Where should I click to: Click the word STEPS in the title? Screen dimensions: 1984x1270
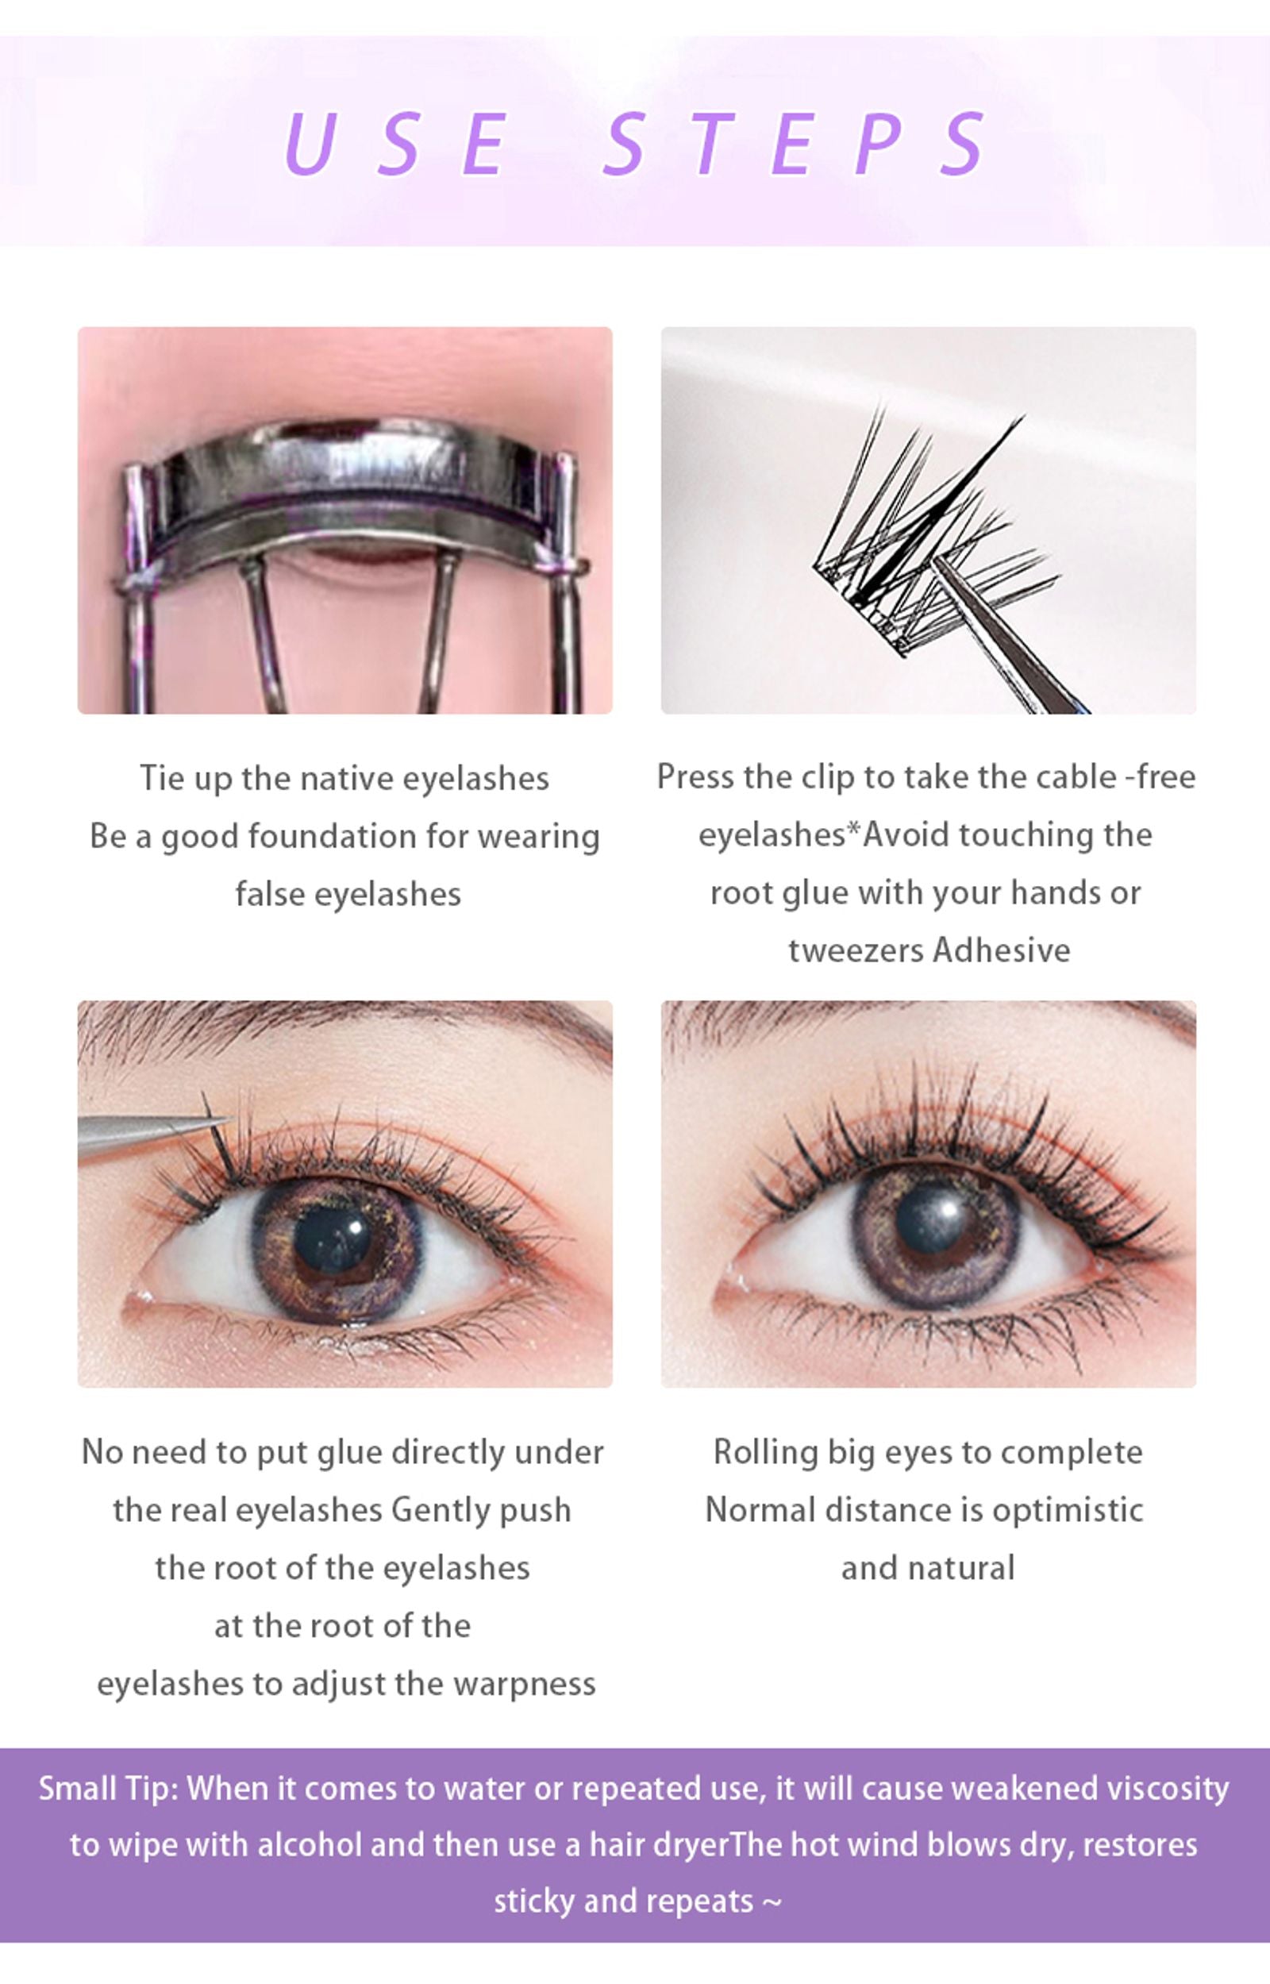[x=793, y=144]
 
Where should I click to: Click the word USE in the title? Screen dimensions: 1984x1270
[x=395, y=144]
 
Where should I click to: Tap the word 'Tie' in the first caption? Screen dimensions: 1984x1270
[x=163, y=778]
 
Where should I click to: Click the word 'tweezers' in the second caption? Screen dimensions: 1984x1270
[x=856, y=950]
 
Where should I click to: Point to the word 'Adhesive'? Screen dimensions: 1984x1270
[x=1001, y=950]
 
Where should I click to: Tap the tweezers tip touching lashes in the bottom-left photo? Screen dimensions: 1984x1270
[x=221, y=1119]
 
